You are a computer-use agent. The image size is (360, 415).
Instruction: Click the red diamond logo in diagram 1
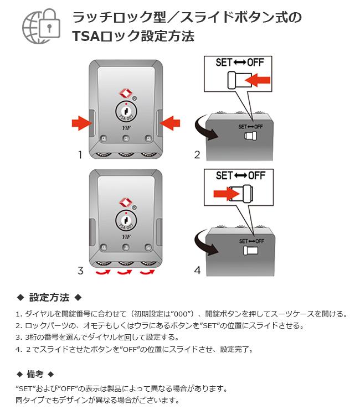125,92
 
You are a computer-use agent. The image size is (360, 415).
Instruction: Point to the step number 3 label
80,271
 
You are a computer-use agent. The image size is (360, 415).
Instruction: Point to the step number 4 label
197,271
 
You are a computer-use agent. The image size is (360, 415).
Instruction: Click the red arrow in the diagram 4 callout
225,193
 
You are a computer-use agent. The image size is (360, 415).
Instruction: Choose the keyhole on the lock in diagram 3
126,221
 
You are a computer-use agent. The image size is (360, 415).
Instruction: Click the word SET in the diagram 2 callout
224,63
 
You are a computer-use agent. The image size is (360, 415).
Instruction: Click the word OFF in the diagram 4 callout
256,175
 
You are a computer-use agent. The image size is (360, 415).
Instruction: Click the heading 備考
35,373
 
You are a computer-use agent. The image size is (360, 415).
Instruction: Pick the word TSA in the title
85,37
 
